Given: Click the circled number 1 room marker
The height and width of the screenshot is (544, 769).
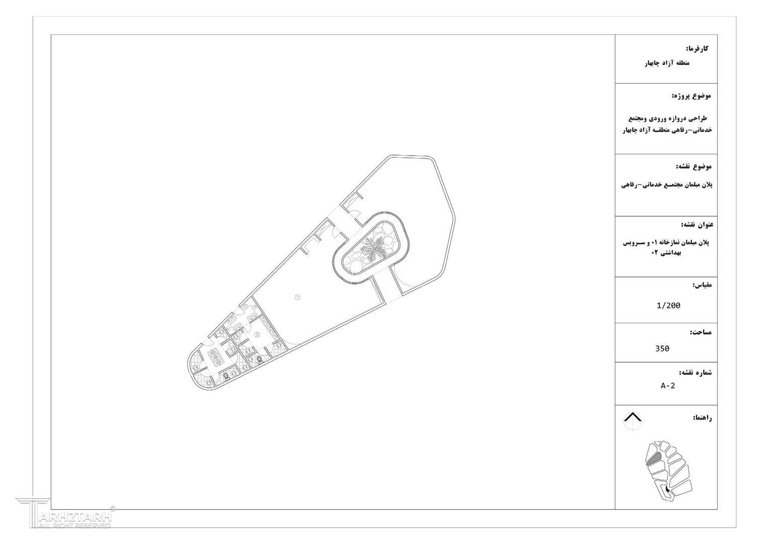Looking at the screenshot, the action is (x=297, y=297).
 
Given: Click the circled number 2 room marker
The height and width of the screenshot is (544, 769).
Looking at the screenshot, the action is (x=257, y=334).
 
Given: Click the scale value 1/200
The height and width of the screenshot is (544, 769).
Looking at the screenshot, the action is (x=668, y=305).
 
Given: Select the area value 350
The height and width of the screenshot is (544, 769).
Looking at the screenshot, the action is (x=662, y=349).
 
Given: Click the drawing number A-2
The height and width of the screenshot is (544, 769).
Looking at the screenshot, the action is (x=668, y=386).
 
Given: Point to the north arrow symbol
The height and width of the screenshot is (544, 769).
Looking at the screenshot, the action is (x=633, y=421).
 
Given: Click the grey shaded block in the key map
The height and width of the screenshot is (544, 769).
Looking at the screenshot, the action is (x=654, y=459).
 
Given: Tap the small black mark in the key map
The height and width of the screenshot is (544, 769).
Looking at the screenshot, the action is (x=667, y=491).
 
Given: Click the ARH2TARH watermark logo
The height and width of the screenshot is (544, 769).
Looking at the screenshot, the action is (x=65, y=512).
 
